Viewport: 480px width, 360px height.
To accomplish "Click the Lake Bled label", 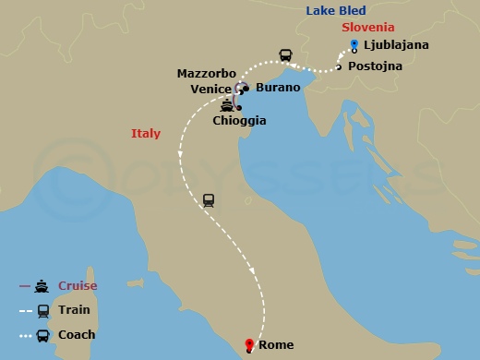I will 339,11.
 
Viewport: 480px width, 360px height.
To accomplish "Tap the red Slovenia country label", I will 368,28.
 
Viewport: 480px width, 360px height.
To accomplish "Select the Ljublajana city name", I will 396,45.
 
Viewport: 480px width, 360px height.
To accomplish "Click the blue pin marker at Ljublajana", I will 354,44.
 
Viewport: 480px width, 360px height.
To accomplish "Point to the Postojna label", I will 374,66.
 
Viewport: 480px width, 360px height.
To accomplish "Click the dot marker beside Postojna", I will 339,66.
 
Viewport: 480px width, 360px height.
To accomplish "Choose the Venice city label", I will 212,89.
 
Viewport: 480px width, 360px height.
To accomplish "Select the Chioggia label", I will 239,120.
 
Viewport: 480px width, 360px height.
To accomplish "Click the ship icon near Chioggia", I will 226,104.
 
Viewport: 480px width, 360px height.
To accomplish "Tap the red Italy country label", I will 146,134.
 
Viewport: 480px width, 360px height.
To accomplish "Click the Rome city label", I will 276,345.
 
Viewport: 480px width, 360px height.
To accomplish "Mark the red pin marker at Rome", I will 248,346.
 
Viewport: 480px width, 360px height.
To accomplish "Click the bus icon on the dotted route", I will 286,55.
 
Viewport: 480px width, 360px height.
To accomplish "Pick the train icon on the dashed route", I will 209,200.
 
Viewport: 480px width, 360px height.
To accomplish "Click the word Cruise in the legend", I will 77,286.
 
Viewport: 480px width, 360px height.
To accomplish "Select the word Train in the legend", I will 73,310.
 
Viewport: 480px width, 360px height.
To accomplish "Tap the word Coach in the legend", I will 76,335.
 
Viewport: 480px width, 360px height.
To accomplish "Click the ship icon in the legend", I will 42,286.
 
